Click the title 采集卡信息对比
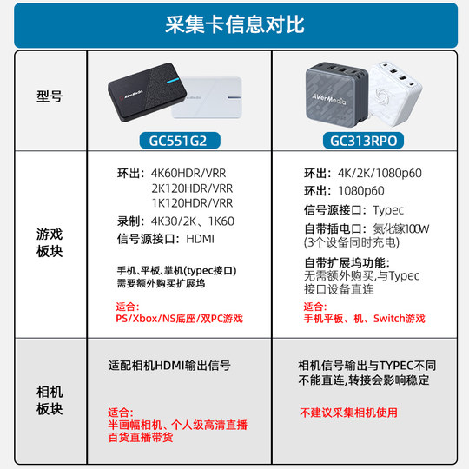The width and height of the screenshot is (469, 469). pos(234,24)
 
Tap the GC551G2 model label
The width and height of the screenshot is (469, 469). pos(178,140)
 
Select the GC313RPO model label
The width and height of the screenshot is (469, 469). pos(361,140)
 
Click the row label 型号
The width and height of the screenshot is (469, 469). pos(50,97)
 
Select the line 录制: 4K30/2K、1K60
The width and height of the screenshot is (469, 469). pos(175,221)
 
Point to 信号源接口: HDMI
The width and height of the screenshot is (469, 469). pos(165,238)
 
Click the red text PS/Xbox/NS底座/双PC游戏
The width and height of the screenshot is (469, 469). pos(179,320)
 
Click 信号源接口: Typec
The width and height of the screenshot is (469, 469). pos(353,210)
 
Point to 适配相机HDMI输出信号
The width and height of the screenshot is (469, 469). pos(170,367)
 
